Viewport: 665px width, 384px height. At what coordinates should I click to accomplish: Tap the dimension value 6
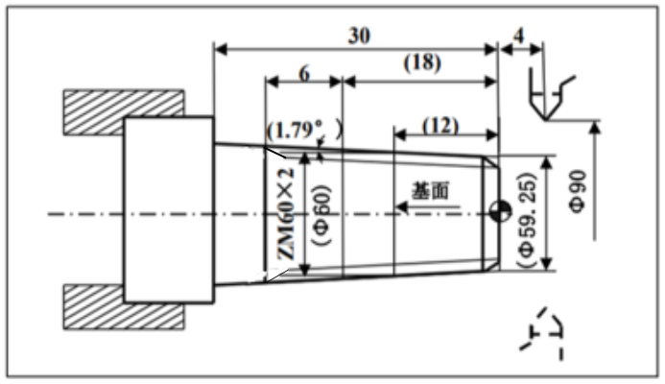(x=303, y=74)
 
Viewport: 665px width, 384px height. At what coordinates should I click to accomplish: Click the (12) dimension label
(x=438, y=125)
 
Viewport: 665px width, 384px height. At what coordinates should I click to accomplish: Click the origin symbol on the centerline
(x=497, y=212)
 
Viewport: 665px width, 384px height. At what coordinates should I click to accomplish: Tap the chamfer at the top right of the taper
(x=492, y=160)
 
